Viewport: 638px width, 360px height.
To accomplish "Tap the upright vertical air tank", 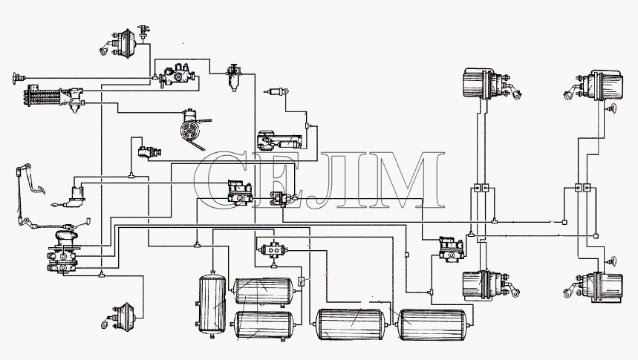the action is click(212, 303).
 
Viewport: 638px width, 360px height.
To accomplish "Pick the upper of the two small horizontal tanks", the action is click(263, 291).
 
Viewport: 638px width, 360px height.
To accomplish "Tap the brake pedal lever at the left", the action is click(27, 192).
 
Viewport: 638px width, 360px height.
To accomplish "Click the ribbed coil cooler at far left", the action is click(45, 96).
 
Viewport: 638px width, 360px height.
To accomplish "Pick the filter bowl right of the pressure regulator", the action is click(233, 77).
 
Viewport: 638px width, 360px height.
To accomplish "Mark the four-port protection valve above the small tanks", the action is click(273, 249).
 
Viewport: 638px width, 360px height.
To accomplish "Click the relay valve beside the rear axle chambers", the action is click(451, 249).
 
